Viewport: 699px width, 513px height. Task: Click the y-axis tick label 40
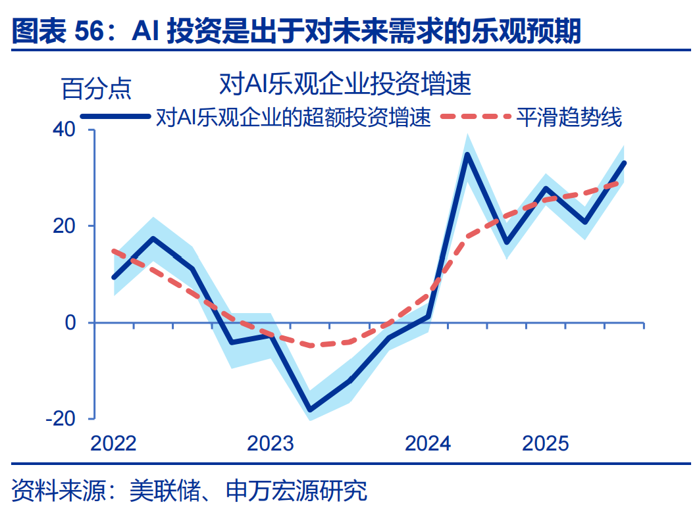point(65,130)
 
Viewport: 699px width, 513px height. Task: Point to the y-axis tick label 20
point(65,226)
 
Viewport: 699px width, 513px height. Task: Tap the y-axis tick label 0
point(70,323)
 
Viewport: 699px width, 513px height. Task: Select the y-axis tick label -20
point(61,418)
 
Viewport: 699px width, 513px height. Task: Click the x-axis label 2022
point(113,443)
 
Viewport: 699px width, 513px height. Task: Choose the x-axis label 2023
point(271,443)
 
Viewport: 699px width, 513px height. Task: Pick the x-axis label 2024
point(428,443)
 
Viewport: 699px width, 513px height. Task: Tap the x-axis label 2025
point(546,443)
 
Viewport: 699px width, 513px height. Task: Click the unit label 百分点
point(97,88)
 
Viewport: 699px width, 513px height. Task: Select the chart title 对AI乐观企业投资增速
point(345,84)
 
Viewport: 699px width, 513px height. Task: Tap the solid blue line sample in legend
point(115,116)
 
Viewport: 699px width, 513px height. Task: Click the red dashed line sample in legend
point(475,116)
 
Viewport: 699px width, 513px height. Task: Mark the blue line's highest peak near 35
point(467,154)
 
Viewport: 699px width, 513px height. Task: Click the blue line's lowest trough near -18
point(310,410)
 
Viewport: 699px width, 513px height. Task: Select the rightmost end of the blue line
point(624,163)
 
